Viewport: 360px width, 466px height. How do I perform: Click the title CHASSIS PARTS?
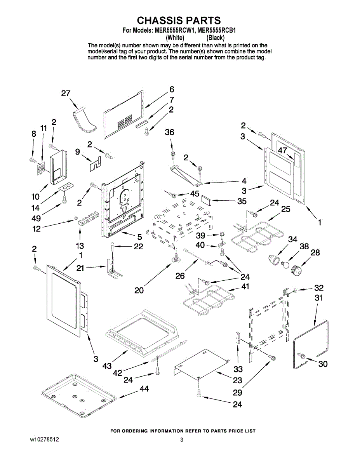179,20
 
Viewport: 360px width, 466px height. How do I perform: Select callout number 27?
66,93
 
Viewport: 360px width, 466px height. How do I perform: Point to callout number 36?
169,132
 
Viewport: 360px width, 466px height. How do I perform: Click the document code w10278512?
45,440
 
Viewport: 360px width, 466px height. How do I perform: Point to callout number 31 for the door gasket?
318,298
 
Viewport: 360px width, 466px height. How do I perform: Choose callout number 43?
107,365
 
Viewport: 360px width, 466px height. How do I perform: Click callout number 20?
139,290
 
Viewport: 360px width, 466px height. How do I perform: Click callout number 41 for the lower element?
245,287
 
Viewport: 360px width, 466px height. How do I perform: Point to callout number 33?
238,369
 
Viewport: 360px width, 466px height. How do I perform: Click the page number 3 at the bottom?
181,440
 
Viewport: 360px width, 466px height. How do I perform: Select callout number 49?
36,218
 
